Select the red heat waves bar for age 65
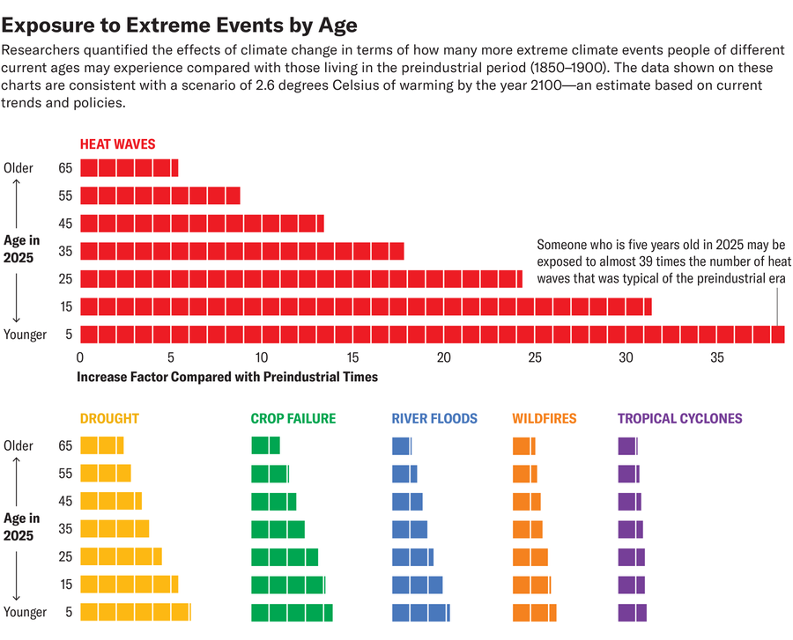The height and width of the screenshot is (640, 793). tap(129, 168)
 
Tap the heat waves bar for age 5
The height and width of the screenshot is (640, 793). tap(432, 335)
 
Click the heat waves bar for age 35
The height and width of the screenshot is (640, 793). tap(241, 251)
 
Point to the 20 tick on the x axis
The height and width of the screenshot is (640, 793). tap(443, 358)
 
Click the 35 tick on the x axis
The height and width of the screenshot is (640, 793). tap(716, 358)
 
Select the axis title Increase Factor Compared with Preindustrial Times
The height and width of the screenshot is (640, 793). tap(227, 377)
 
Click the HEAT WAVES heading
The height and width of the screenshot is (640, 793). tap(117, 143)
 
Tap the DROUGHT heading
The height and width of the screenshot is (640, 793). tap(109, 419)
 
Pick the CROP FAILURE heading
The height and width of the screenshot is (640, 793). tap(293, 419)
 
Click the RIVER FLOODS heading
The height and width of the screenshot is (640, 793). tap(434, 419)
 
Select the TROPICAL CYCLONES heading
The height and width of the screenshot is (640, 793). tap(679, 419)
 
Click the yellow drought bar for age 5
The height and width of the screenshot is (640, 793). tap(135, 613)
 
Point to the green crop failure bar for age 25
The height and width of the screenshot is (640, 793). tap(284, 557)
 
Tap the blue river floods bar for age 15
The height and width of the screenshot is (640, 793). tap(417, 585)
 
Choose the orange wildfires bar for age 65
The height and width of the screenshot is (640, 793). tap(523, 446)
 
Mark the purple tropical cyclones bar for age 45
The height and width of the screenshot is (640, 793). tap(629, 502)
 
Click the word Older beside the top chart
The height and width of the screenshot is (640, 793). tap(19, 168)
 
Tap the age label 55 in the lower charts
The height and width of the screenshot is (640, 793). tap(65, 474)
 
